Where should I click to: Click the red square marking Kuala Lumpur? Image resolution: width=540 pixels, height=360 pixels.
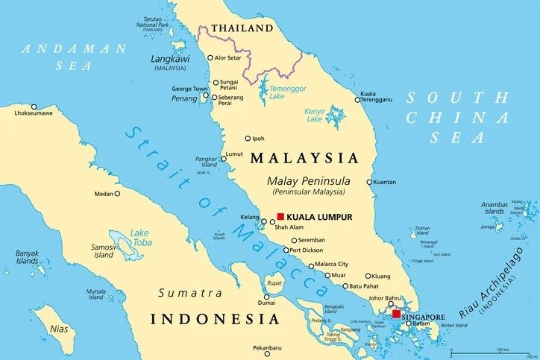coord(280,216)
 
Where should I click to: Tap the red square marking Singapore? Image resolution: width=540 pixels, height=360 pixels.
coord(395,314)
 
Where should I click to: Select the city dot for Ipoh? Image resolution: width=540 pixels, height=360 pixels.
coord(248,138)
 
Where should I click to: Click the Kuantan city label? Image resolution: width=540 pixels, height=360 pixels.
coord(385,182)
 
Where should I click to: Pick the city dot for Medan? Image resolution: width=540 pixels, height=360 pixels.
coord(117,194)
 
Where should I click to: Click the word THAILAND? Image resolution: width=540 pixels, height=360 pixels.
coord(242,28)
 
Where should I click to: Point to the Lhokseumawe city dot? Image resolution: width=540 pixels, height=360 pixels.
coord(34,107)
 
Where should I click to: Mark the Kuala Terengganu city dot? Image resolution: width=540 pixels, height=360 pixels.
coord(357,98)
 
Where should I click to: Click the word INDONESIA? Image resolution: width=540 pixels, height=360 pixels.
coord(216,319)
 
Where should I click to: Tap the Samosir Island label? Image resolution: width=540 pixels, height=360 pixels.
coord(104,250)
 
